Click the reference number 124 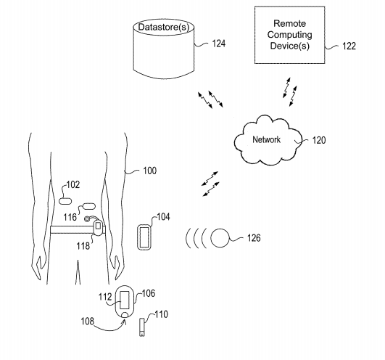218,44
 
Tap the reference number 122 349,46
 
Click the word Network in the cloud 266,139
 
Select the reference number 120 319,140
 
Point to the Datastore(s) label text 164,27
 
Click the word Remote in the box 290,24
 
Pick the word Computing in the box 290,35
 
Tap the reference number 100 150,171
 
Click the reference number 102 73,184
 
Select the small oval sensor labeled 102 65,201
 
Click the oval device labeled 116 89,206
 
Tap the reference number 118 83,246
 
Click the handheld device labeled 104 144,237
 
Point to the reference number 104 163,217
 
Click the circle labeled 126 220,238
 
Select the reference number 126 254,238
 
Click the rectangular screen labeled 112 125,300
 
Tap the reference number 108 88,322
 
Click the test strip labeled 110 142,327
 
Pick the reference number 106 149,293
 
